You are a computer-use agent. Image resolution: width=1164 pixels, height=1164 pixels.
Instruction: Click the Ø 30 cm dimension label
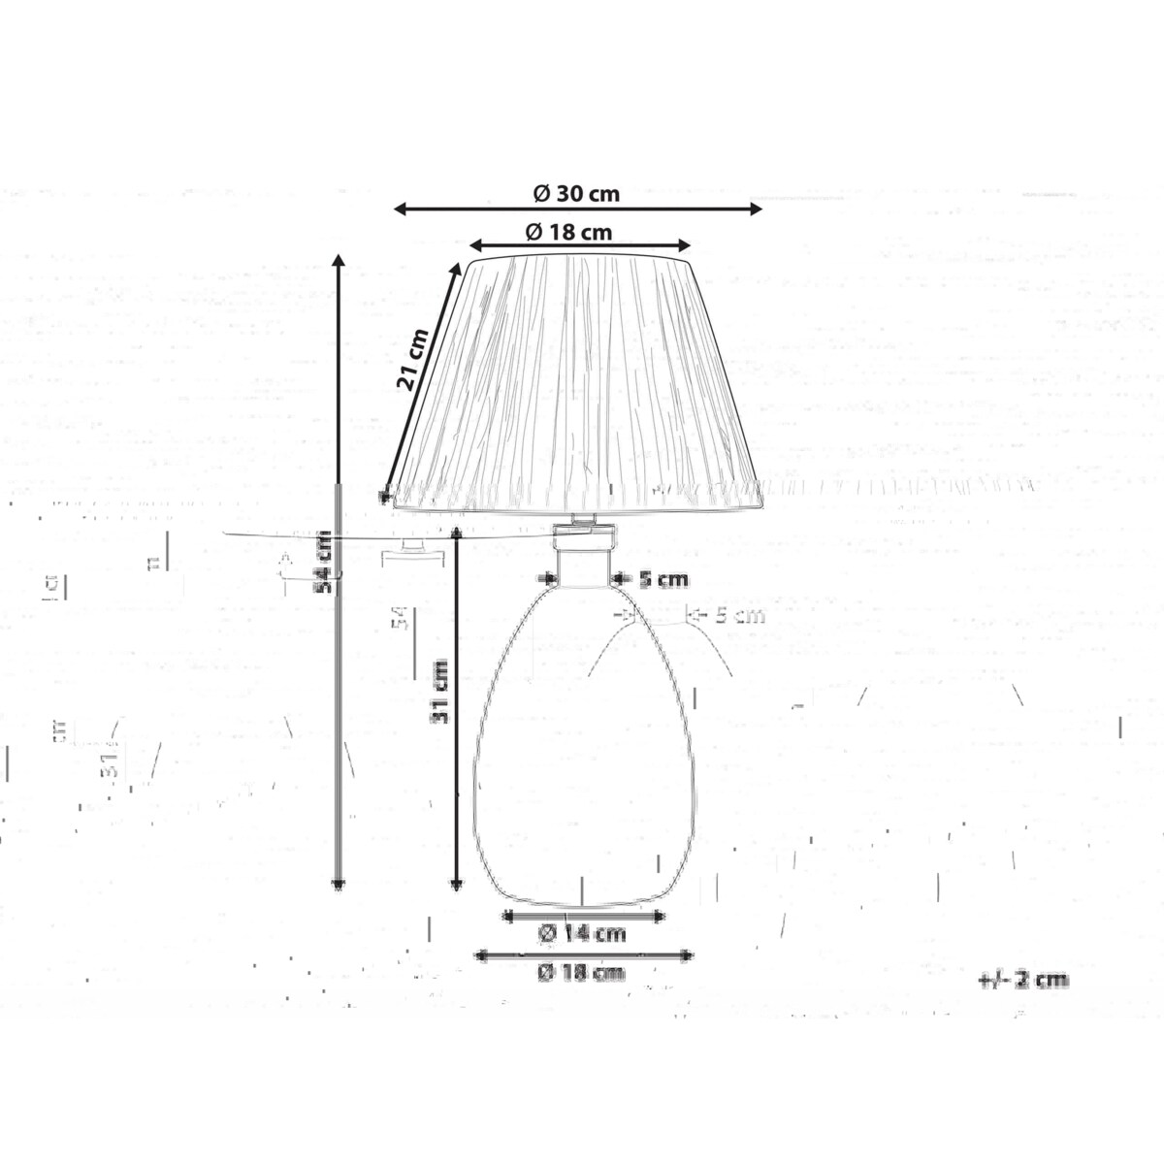[x=576, y=193]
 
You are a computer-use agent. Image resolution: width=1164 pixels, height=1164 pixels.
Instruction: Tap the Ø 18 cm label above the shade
[x=568, y=232]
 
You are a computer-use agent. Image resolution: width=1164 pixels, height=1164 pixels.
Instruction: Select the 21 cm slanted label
[x=412, y=359]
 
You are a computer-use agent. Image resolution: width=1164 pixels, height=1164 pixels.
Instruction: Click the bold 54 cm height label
[x=328, y=562]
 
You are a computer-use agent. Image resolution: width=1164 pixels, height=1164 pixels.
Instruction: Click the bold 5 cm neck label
[x=663, y=580]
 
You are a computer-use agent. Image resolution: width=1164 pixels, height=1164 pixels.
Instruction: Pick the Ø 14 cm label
[x=582, y=934]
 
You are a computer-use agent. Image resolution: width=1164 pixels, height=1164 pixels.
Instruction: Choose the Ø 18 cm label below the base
[x=582, y=972]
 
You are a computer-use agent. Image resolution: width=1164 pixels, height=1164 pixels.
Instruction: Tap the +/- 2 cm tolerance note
[x=1023, y=980]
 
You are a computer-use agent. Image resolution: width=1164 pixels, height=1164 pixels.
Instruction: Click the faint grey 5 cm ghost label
[x=739, y=615]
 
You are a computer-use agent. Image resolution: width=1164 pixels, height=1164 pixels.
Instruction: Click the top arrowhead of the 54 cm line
[x=339, y=260]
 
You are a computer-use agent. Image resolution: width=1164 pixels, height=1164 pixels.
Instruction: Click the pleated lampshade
[x=577, y=388]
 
